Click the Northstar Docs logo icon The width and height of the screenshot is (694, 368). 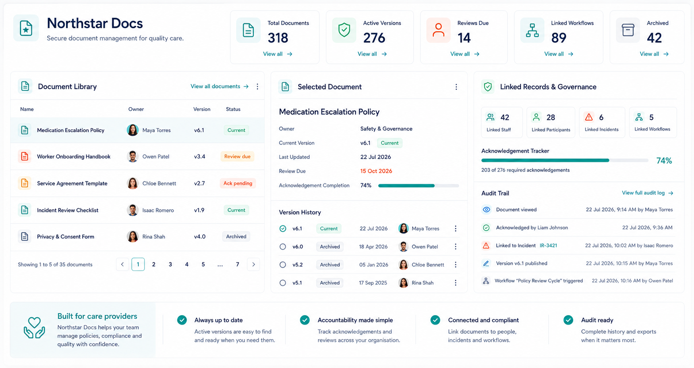pos(26,28)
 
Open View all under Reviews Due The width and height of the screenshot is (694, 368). pos(465,54)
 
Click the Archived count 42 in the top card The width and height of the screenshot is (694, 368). pos(654,38)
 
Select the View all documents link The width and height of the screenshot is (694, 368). pos(220,86)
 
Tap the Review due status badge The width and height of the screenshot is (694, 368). pos(237,156)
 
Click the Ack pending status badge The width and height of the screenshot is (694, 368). pos(238,183)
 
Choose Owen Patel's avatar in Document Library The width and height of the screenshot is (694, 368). pos(133,156)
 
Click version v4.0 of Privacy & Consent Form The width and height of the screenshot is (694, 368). pos(200,237)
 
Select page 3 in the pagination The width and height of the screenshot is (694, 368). pos(170,264)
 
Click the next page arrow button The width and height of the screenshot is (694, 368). pos(253,264)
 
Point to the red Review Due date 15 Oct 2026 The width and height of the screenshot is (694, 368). pos(376,171)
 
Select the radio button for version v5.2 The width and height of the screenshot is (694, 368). pos(283,265)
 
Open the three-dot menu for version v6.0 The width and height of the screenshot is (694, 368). pos(456,247)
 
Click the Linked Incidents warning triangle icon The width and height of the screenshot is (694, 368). pos(589,117)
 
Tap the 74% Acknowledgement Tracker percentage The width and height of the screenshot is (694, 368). pos(664,161)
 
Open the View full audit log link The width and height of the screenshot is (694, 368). pos(647,193)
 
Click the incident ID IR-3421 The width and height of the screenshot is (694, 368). pos(548,245)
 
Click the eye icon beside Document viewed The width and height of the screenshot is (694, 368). pos(486,210)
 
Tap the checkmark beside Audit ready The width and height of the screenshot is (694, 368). pos(568,320)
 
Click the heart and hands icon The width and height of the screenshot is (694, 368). pos(34,328)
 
